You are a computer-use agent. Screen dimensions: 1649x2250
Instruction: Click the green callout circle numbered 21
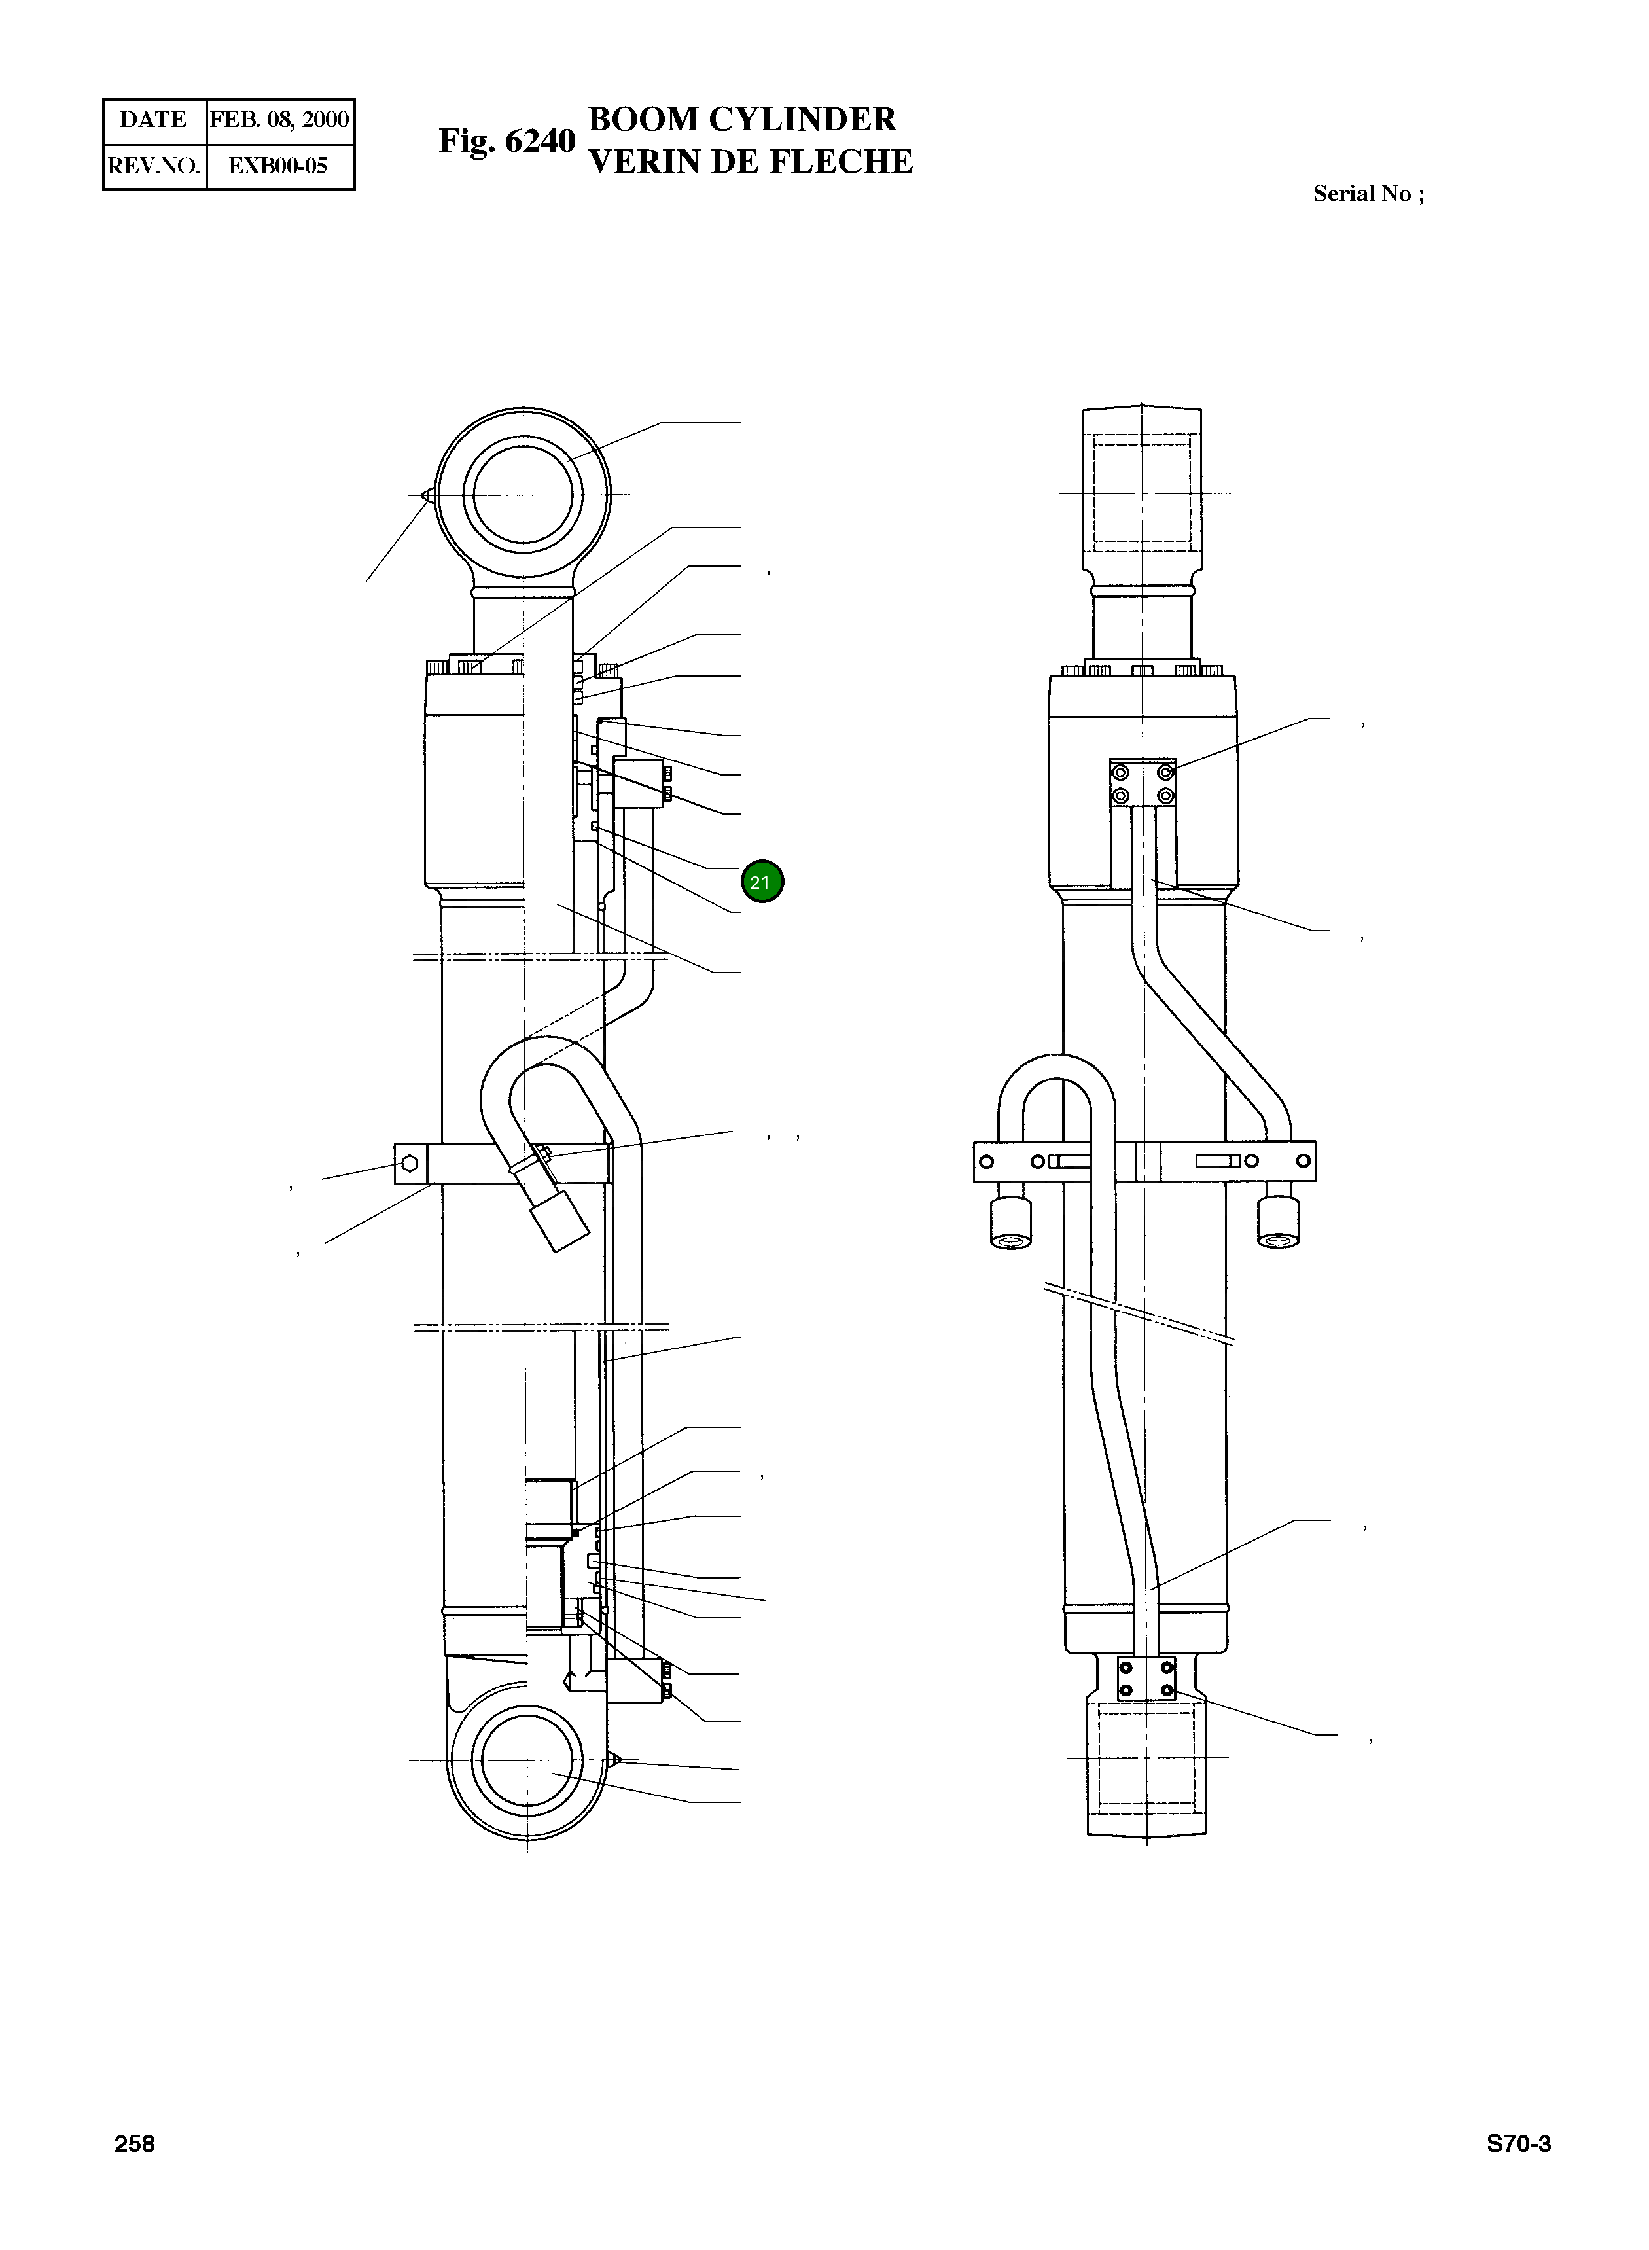click(x=762, y=882)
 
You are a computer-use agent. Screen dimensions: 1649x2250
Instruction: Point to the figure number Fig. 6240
click(x=507, y=141)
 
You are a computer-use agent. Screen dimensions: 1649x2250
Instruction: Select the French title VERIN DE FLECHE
click(x=751, y=162)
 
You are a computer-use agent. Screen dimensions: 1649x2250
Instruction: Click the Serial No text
click(x=1368, y=194)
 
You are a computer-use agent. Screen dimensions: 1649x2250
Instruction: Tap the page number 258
click(x=135, y=2144)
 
